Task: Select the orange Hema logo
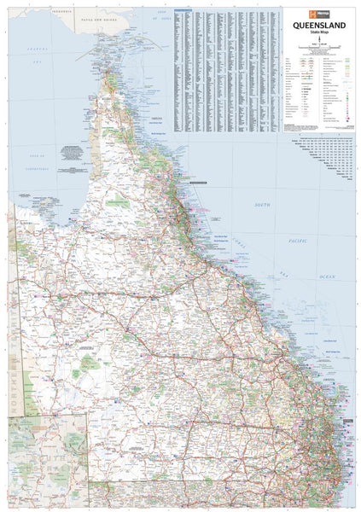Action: [x=298, y=14]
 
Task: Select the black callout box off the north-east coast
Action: [x=198, y=181]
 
